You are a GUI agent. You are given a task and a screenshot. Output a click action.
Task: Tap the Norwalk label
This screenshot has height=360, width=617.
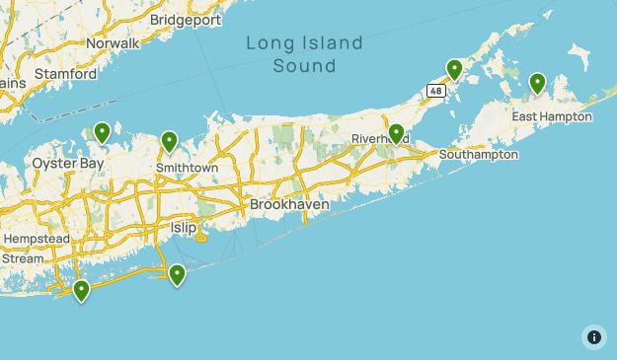(x=113, y=43)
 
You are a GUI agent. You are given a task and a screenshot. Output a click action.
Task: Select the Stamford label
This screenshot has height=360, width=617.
(x=65, y=74)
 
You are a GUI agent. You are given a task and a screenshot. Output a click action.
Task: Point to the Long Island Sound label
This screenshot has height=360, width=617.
(x=304, y=54)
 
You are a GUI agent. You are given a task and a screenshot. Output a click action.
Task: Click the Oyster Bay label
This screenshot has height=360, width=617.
(x=67, y=163)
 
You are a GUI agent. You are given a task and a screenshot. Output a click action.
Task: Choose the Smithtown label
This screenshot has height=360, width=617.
(x=187, y=168)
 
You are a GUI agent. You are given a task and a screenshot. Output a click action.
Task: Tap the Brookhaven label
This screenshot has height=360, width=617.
(x=289, y=204)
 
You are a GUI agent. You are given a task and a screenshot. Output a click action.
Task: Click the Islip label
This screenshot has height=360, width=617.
(x=184, y=228)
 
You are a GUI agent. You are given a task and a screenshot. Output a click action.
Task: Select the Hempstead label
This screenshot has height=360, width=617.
(x=38, y=240)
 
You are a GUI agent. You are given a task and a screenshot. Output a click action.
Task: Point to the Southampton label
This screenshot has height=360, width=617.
(x=479, y=155)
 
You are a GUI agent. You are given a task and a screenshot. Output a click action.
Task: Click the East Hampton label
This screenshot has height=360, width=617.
(x=552, y=116)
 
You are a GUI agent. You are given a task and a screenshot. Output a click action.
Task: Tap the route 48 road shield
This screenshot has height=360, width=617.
(x=436, y=90)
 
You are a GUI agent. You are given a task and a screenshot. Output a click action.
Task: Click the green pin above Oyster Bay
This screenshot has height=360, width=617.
(x=102, y=131)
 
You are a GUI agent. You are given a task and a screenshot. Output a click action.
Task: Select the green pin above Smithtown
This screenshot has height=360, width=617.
(x=169, y=142)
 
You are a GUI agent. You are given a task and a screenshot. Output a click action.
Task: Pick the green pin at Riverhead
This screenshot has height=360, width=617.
(x=396, y=133)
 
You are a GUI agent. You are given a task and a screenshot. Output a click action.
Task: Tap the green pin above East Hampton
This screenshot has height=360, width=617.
(x=537, y=83)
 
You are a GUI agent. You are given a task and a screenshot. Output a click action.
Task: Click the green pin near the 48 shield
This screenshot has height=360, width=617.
(x=454, y=69)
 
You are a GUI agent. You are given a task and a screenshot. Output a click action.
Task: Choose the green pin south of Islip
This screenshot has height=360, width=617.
(x=177, y=274)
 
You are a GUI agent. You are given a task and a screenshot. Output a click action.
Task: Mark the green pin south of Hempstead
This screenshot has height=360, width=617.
(x=81, y=290)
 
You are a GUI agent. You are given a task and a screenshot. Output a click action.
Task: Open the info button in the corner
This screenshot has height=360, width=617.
(x=593, y=336)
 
